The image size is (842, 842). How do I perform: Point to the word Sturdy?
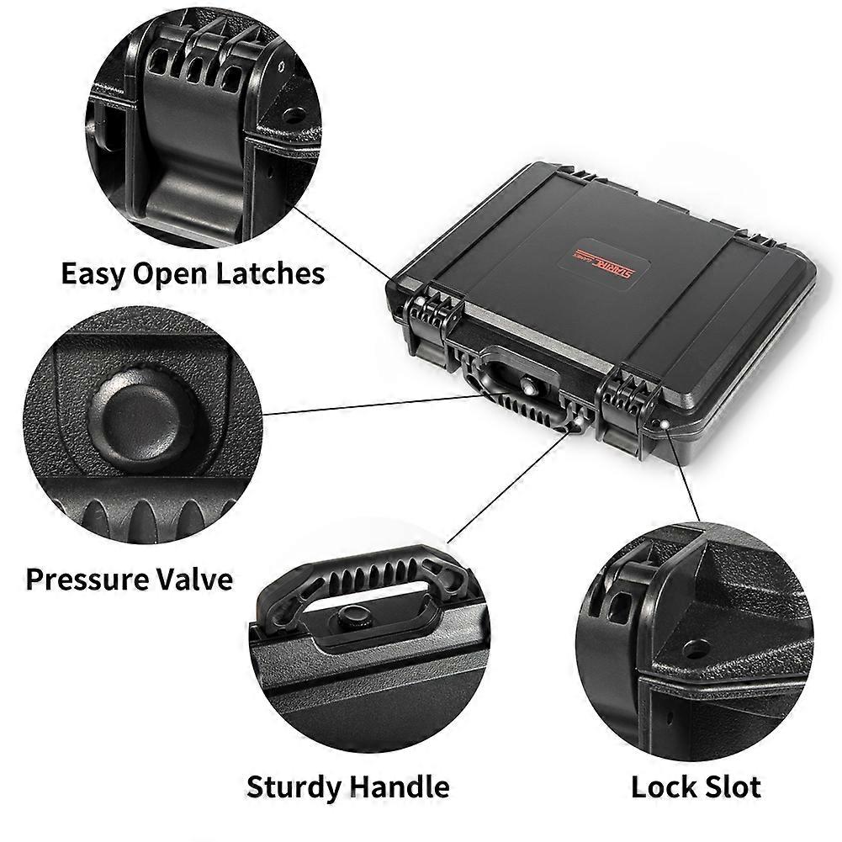point(294,787)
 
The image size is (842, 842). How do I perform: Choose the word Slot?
point(731,787)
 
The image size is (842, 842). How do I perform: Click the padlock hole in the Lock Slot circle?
point(694,649)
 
